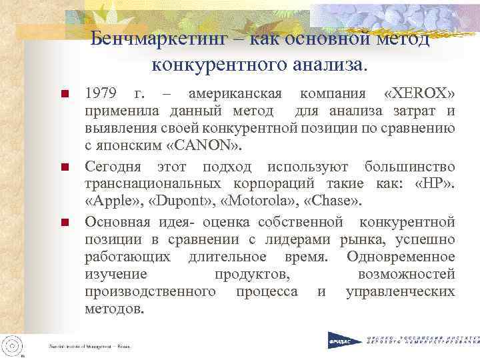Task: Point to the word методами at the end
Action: click(x=114, y=309)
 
